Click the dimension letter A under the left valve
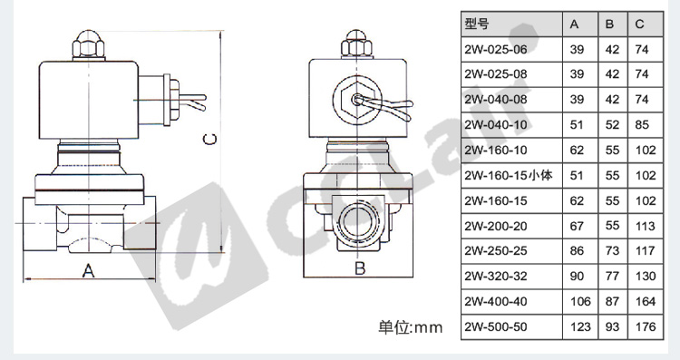pyautogui.click(x=89, y=270)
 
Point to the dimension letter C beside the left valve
pyautogui.click(x=210, y=139)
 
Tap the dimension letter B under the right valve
pyautogui.click(x=360, y=268)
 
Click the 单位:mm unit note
pyautogui.click(x=410, y=327)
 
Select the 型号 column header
pyautogui.click(x=477, y=24)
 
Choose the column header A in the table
pyautogui.click(x=574, y=24)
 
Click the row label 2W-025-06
pyautogui.click(x=496, y=50)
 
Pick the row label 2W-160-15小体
pyautogui.click(x=509, y=176)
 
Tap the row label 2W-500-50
pyautogui.click(x=496, y=326)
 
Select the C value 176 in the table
pyautogui.click(x=646, y=326)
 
